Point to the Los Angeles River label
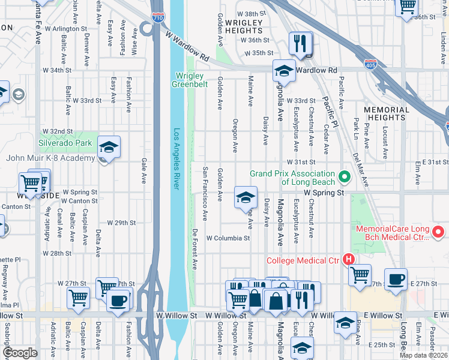[176, 159]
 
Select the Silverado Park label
[65, 143]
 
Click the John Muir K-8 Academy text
[50, 158]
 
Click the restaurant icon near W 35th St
[298, 43]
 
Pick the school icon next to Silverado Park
[109, 147]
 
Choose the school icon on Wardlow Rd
[284, 71]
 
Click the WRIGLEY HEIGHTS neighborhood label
[244, 26]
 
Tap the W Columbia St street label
[228, 238]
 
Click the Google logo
[20, 353]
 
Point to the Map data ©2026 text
[423, 355]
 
